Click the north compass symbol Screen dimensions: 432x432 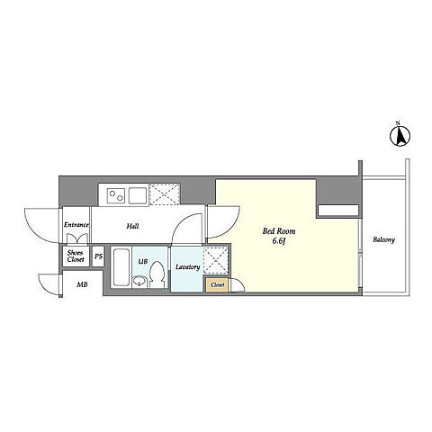click(400, 136)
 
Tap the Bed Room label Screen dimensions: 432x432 click(279, 231)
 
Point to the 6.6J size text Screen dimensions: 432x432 click(278, 241)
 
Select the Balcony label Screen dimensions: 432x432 click(383, 239)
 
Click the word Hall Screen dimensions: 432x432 click(132, 226)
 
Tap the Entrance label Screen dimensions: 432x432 click(76, 225)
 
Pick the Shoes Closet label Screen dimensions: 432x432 click(76, 256)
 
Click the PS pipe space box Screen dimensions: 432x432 click(98, 256)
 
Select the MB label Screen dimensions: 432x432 click(82, 284)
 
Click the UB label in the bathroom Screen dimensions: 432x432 click(143, 262)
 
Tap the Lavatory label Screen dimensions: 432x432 click(187, 266)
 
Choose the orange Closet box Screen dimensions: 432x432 click(217, 284)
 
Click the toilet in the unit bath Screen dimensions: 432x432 click(157, 274)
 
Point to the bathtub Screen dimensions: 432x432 click(121, 267)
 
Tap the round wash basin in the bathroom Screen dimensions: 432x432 click(139, 282)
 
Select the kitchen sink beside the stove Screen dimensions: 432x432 click(139, 195)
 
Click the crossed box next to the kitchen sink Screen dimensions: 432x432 click(165, 194)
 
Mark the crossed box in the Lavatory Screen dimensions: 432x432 click(216, 260)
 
